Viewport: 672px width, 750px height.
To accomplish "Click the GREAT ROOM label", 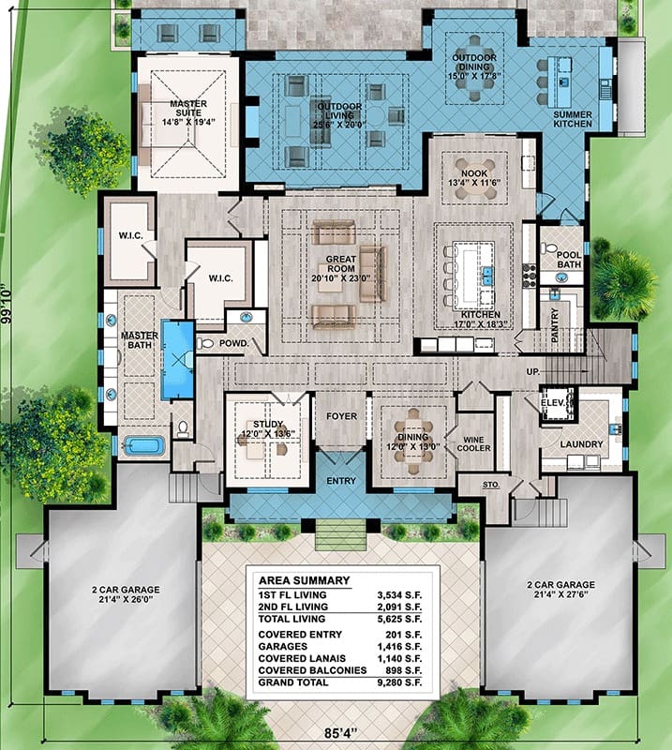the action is click(341, 264).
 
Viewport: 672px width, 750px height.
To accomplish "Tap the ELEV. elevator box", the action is click(558, 403).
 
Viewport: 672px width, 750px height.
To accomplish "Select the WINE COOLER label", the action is click(473, 443).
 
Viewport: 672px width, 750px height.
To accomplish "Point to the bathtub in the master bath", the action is click(144, 446).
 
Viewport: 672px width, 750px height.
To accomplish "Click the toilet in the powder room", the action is click(205, 343).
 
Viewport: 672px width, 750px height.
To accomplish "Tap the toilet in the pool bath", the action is click(548, 248).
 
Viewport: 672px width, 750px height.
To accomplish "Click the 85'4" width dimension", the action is click(341, 733).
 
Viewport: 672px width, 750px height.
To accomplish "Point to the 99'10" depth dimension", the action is click(7, 306).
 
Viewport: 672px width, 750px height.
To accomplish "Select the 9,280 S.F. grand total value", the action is click(399, 682).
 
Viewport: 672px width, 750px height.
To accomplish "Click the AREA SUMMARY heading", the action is click(305, 580).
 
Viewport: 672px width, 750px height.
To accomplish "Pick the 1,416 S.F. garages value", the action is click(399, 647).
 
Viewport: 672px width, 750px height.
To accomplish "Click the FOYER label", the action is click(341, 416).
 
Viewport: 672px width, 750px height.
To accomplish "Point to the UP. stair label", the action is click(533, 371).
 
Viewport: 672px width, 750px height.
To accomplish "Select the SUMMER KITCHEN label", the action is click(573, 119).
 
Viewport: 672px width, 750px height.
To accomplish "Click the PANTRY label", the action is click(554, 324).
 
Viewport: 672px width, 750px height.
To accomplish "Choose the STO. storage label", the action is click(491, 485).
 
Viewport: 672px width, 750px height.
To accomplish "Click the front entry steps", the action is click(341, 535).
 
